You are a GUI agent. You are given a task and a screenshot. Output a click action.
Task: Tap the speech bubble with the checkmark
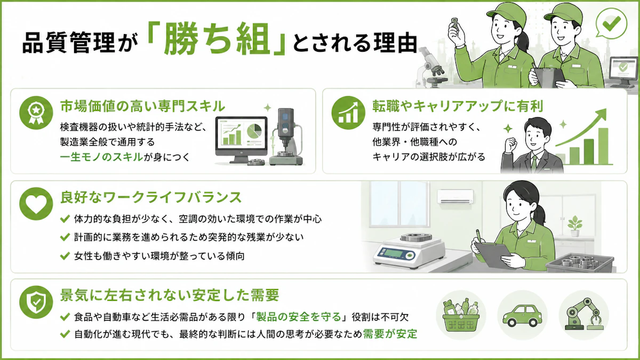[x=611, y=23]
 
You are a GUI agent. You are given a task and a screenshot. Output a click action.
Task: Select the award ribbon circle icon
[x=36, y=113]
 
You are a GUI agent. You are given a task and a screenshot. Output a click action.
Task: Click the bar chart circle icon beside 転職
[x=348, y=113]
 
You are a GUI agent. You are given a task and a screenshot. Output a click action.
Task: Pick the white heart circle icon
[x=36, y=204]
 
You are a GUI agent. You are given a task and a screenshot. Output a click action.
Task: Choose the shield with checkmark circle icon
[x=36, y=302]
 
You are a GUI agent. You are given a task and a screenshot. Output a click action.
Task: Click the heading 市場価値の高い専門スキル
[x=142, y=106]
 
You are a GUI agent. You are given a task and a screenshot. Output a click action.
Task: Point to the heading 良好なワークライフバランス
[x=151, y=197]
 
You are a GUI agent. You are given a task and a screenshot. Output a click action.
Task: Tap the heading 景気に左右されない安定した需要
[x=170, y=295]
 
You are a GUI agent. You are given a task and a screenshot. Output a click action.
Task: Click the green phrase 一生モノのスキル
[x=101, y=157]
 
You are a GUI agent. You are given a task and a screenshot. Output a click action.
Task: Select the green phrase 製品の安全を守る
[x=299, y=317]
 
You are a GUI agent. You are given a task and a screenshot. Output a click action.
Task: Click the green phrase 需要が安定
[x=390, y=334]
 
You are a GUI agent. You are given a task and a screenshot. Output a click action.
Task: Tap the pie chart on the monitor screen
[x=254, y=132]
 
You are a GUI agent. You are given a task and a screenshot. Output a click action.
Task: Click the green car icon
[x=522, y=316]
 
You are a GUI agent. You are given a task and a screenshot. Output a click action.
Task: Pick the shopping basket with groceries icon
[x=461, y=314]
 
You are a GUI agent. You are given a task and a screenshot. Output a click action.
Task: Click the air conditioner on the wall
[x=455, y=197]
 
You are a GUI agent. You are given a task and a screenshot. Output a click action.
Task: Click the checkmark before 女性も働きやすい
[x=65, y=255]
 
